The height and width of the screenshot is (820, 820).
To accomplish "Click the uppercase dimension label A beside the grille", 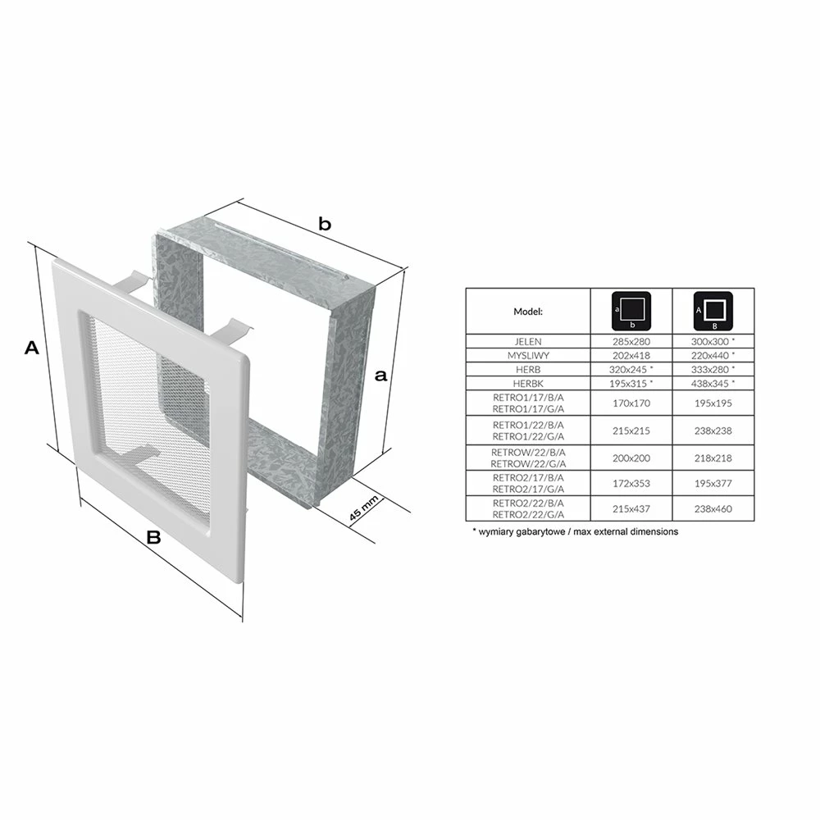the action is tap(32, 348).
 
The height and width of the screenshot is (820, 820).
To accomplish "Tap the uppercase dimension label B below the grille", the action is tap(153, 537).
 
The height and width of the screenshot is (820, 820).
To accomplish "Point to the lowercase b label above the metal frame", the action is tap(325, 224).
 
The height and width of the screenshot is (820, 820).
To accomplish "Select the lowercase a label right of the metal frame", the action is tap(381, 375).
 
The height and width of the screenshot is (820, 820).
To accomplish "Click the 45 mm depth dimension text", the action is tap(363, 508).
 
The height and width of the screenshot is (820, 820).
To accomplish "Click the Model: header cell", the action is tap(528, 312).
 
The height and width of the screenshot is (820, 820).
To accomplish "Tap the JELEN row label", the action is tap(528, 341).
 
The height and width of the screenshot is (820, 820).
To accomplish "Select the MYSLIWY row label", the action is tap(528, 356).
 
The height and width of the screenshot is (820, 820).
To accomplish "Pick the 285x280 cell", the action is tap(631, 341).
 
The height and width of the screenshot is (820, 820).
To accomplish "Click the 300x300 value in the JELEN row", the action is tap(709, 341).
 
